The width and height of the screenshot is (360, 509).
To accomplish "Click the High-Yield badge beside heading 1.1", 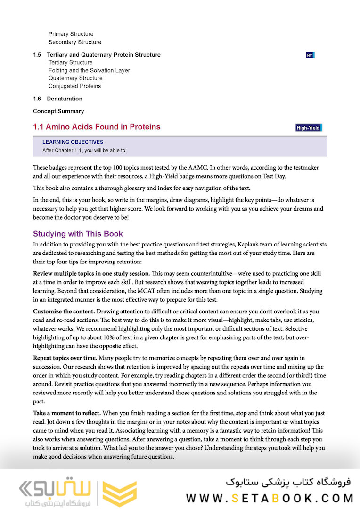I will pos(309,128).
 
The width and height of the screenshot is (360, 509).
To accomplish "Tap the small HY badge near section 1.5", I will pos(310,55).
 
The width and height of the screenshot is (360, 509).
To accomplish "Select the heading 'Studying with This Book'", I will pos(78,234).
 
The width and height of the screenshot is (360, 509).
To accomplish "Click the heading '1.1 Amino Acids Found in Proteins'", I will pos(97,127).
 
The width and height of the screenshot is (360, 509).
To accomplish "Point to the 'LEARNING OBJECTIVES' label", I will pos(73,142).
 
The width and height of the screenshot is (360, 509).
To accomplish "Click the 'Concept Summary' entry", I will pos(58,111).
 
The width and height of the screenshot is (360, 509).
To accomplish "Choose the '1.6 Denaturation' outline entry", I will pos(57,99).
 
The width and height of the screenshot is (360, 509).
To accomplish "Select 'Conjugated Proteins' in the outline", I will pos(74,86).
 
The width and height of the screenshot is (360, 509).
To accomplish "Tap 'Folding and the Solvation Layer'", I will pos(89,70).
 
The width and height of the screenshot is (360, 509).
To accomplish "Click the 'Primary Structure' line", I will pos(71,34).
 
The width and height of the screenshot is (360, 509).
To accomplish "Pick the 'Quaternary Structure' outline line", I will pos(75,78).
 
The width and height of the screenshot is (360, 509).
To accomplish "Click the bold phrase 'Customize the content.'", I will pos(64,312).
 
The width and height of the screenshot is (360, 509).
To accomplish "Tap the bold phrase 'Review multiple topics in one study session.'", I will pos(91,273).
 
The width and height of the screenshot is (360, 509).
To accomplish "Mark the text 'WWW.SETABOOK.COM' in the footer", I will pos(270,498).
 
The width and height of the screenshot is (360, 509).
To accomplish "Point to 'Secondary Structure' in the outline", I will pos(75,42).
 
